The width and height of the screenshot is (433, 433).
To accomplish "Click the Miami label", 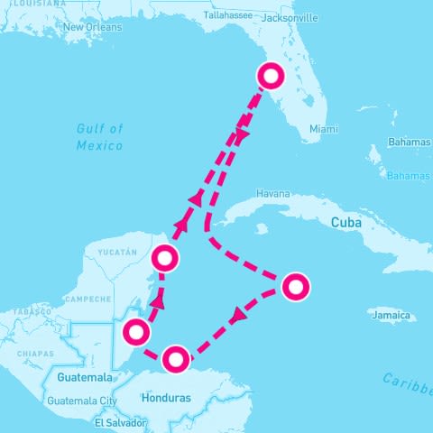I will tap(323, 129).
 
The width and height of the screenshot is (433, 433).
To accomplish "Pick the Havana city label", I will tap(273, 194).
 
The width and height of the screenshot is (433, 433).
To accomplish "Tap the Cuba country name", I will tap(346, 222).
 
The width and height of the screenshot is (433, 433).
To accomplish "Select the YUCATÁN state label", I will tap(117, 252).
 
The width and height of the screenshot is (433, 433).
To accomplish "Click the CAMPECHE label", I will tap(88, 299).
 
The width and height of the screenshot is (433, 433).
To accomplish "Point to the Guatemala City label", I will tap(82, 401).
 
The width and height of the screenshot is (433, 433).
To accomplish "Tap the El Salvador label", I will tap(120, 421).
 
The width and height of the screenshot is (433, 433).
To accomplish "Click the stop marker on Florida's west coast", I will tap(270, 77).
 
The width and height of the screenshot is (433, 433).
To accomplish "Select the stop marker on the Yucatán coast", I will tap(164, 259).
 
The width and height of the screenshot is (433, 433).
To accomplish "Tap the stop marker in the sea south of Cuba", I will tap(295, 287).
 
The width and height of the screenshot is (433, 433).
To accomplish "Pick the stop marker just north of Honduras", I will tap(177, 357).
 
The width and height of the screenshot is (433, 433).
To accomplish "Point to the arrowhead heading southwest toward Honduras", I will tap(238, 317).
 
